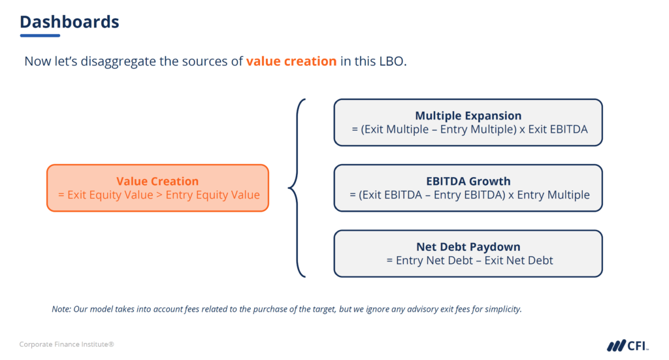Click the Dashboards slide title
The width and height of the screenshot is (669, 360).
(x=69, y=22)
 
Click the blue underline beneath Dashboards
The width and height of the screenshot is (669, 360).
(x=40, y=35)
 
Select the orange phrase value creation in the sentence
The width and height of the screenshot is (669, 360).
(x=291, y=62)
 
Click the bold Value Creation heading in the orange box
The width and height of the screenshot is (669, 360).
(x=157, y=181)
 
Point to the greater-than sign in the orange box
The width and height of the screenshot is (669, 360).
(x=159, y=195)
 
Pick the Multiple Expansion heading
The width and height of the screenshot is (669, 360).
(x=468, y=116)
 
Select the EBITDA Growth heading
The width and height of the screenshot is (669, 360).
(x=468, y=181)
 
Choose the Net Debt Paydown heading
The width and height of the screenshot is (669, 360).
(x=468, y=247)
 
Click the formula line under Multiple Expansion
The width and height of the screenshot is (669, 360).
(x=468, y=129)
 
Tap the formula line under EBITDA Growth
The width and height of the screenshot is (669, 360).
(x=468, y=195)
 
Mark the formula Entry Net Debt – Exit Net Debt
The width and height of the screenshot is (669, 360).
(x=468, y=260)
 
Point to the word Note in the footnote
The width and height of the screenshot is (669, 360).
(x=61, y=309)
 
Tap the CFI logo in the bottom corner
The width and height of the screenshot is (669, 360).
(x=628, y=345)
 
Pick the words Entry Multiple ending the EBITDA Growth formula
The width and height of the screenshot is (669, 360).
(x=553, y=195)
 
